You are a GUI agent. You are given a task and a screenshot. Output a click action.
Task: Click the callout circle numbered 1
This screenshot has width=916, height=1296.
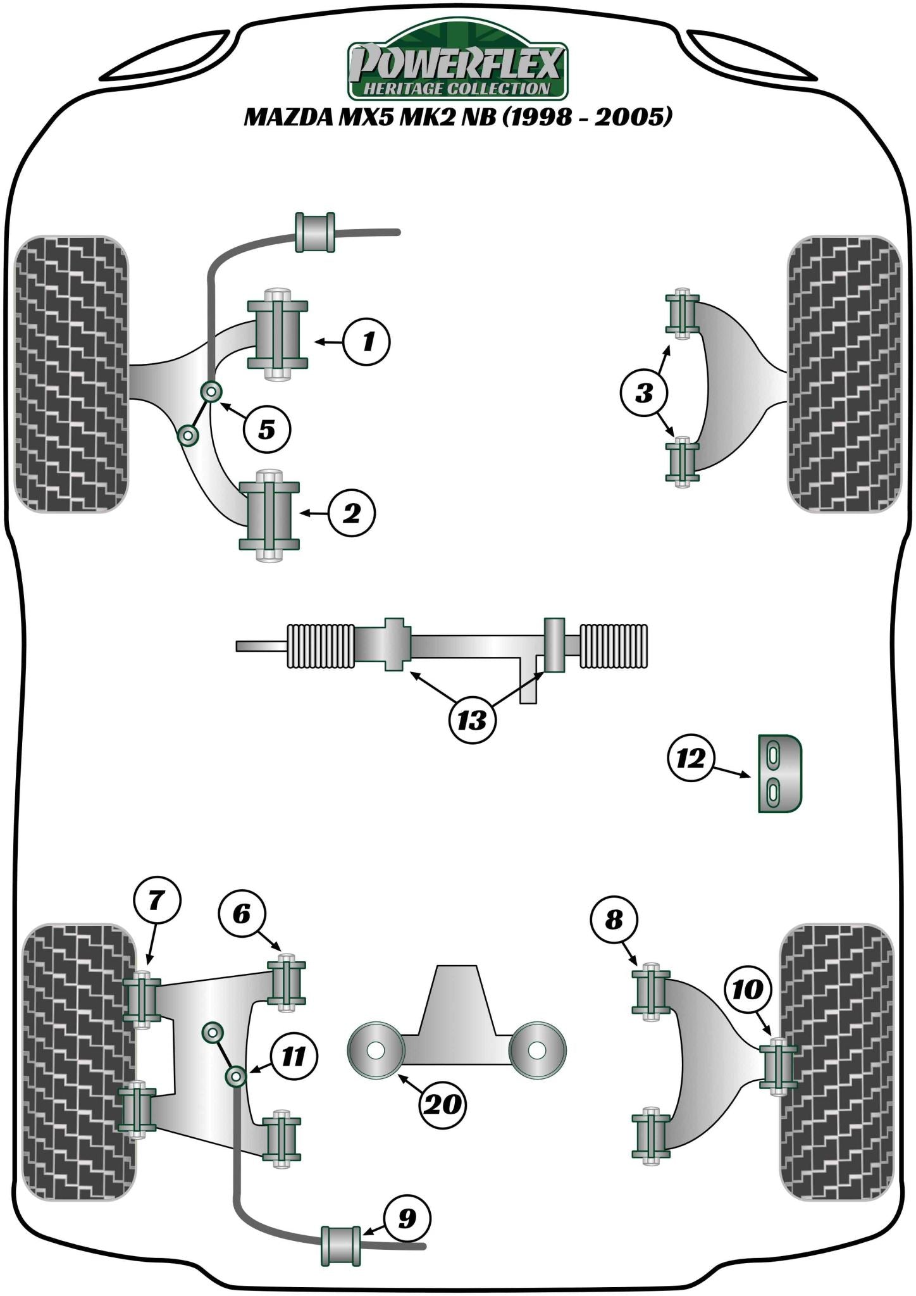pos(367,342)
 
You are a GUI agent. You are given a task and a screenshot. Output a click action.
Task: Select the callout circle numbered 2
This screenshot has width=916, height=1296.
pos(352,513)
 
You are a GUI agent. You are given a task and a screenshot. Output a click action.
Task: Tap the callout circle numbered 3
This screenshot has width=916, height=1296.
pos(644,394)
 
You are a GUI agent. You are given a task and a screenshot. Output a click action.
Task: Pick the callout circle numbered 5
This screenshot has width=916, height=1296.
pos(267,430)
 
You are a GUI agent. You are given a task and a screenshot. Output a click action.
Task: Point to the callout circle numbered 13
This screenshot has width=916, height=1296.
pos(472,720)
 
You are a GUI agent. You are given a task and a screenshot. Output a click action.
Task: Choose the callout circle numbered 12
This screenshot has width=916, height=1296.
pos(690,757)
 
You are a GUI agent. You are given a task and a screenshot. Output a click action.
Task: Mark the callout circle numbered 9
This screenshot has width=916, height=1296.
pos(407,1218)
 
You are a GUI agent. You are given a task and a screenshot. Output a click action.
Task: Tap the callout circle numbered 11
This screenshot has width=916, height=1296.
pos(294,1056)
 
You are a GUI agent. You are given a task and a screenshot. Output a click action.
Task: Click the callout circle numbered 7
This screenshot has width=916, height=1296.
pos(157,900)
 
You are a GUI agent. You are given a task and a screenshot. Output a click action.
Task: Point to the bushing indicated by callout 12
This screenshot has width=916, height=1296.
pos(779,773)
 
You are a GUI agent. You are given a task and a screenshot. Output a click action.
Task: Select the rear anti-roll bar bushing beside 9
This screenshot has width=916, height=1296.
pos(342,1246)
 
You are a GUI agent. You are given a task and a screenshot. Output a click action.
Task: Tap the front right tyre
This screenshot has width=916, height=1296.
pos(844,375)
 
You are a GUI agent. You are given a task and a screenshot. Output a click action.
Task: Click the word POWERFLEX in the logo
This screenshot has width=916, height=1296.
pos(457,63)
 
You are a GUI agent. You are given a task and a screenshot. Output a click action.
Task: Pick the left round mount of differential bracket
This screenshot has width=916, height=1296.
pos(376,1050)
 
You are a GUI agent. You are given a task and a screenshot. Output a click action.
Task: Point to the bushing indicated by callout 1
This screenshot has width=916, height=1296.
pos(277,334)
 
